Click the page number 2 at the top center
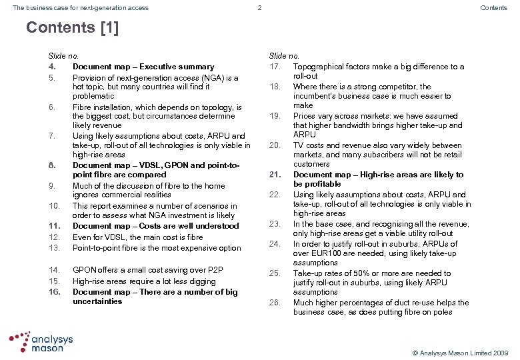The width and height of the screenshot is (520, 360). point(259,8)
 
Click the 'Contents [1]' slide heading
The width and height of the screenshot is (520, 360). point(72,28)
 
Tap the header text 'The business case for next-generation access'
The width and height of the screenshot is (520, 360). point(81,8)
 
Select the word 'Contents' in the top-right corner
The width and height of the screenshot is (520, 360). point(494,8)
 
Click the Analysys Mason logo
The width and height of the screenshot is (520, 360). point(41,342)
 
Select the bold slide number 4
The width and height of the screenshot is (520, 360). point(51,67)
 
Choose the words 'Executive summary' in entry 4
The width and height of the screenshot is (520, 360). point(181,67)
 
